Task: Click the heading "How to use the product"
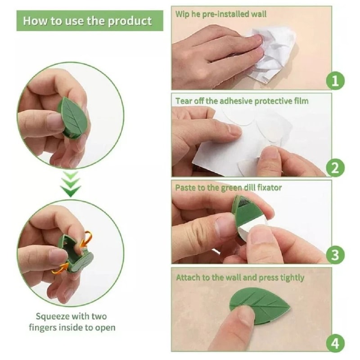[x=87, y=21]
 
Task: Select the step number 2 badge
[x=334, y=168]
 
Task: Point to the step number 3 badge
[x=334, y=255]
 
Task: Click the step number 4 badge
[x=334, y=343]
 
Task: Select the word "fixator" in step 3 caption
[x=267, y=187]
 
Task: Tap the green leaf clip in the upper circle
[x=73, y=118]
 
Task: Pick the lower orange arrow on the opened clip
[x=58, y=269]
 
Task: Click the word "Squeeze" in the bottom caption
[x=54, y=316]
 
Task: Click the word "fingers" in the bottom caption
[x=44, y=328]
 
